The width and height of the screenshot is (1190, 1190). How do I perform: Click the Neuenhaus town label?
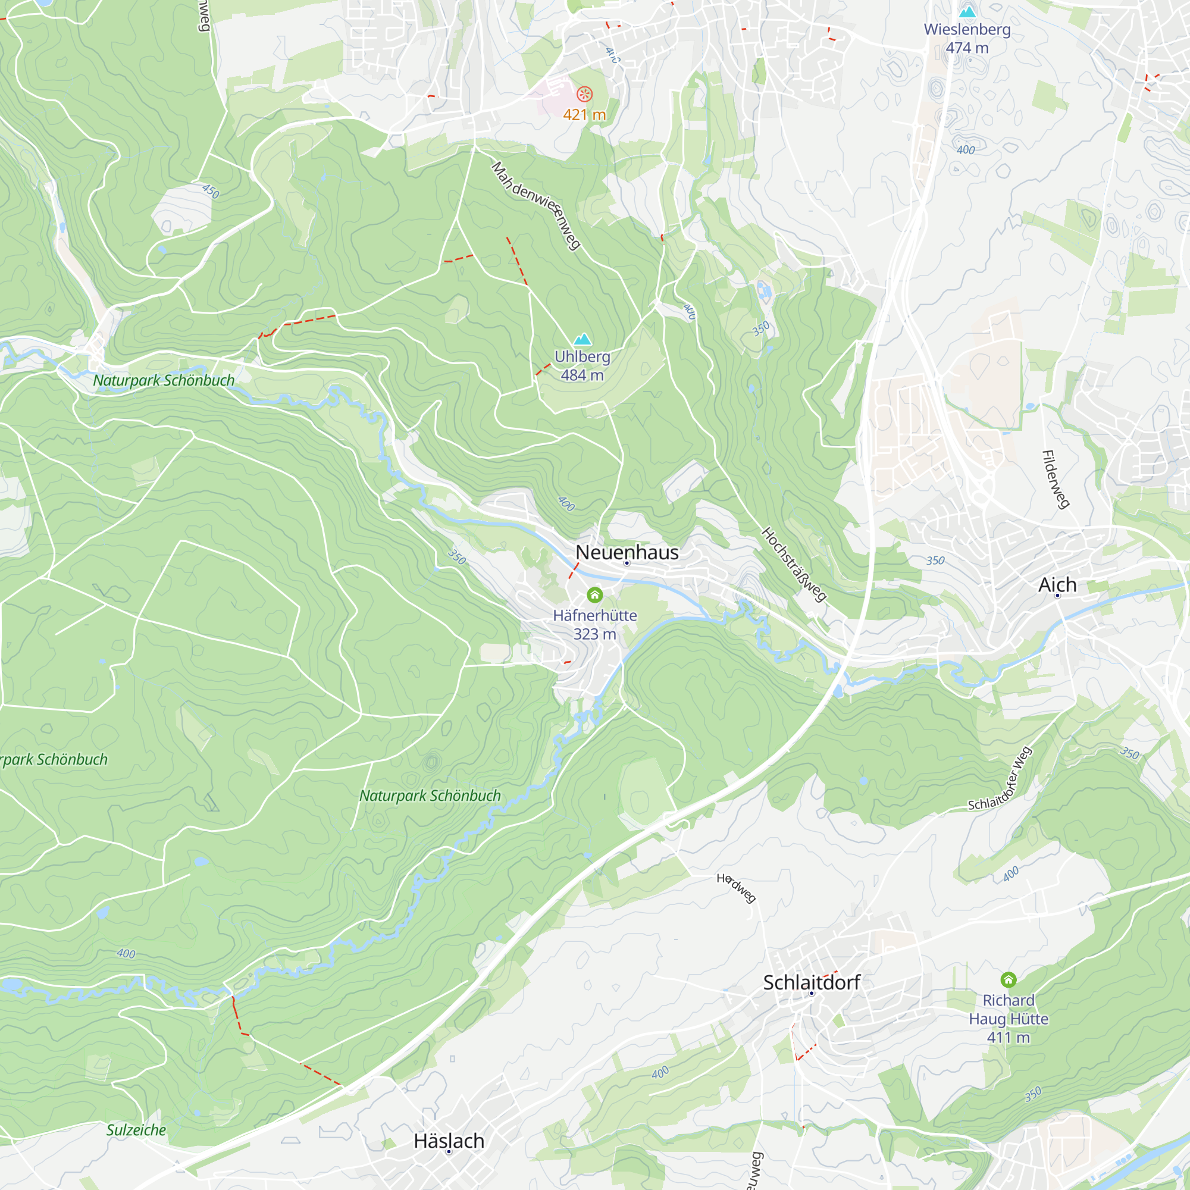[x=627, y=552]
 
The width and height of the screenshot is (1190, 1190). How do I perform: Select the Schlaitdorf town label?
[x=811, y=982]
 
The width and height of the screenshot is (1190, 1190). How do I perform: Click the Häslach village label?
[x=449, y=1140]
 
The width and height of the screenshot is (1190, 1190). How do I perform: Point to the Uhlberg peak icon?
[x=582, y=339]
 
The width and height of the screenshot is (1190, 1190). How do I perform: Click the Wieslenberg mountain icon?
[x=967, y=12]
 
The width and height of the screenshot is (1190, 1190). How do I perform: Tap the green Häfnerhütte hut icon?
[x=594, y=594]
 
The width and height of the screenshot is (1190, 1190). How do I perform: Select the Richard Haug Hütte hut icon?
[x=1008, y=979]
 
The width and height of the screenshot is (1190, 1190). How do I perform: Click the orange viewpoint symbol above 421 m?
[x=584, y=94]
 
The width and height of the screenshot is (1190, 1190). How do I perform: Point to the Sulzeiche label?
[x=136, y=1130]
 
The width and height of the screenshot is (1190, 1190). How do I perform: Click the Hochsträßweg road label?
[x=793, y=563]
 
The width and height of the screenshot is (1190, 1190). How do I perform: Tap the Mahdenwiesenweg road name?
[x=536, y=205]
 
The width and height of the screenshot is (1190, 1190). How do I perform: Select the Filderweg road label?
[x=1054, y=479]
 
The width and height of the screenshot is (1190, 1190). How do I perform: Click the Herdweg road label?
[x=736, y=888]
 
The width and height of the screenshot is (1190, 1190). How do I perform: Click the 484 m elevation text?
[x=582, y=374]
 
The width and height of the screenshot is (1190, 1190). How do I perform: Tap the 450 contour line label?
[x=211, y=191]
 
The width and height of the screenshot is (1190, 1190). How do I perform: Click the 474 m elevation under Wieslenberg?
[x=967, y=48]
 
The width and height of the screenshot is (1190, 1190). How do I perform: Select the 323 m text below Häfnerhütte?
[x=594, y=634]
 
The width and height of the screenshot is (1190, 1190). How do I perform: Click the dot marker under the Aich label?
[x=1057, y=596]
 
